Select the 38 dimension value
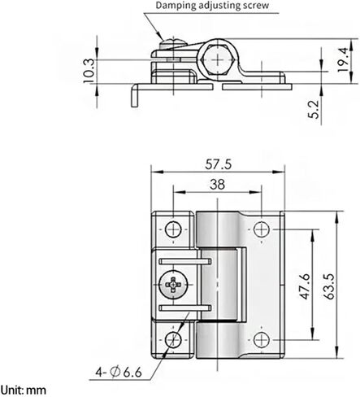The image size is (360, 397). click(x=217, y=184)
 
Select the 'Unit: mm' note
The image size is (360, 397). click(x=24, y=390)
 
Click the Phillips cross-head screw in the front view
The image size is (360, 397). click(x=174, y=285)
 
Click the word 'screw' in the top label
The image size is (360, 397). click(x=251, y=7)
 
